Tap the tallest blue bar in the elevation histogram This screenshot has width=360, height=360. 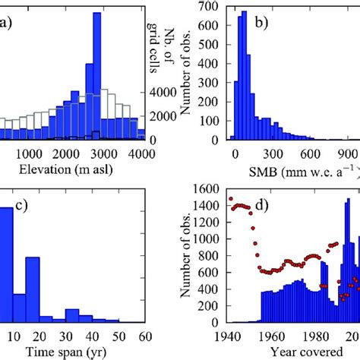tap(96, 76)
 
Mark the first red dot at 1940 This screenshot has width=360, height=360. tap(231, 199)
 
